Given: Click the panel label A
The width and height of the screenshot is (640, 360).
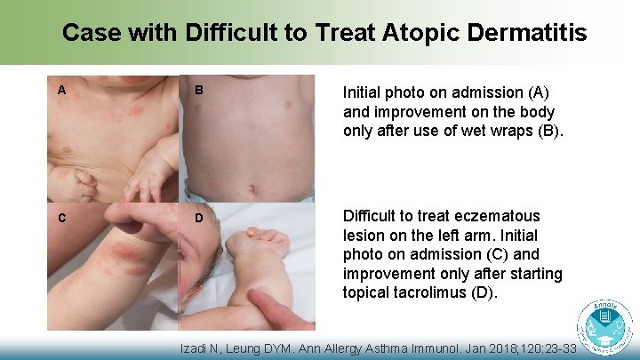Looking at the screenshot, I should tap(61, 90).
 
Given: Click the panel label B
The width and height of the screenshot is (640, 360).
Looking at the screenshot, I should tap(199, 91).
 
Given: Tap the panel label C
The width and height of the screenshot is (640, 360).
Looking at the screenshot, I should tap(61, 218).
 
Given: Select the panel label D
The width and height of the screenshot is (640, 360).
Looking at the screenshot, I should tap(199, 219).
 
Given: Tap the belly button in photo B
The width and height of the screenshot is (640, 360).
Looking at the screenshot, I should tap(252, 187).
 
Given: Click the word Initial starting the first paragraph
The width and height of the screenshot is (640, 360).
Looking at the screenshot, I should tap(364, 92).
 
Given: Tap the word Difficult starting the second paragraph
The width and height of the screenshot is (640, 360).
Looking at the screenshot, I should tap(373, 216).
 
